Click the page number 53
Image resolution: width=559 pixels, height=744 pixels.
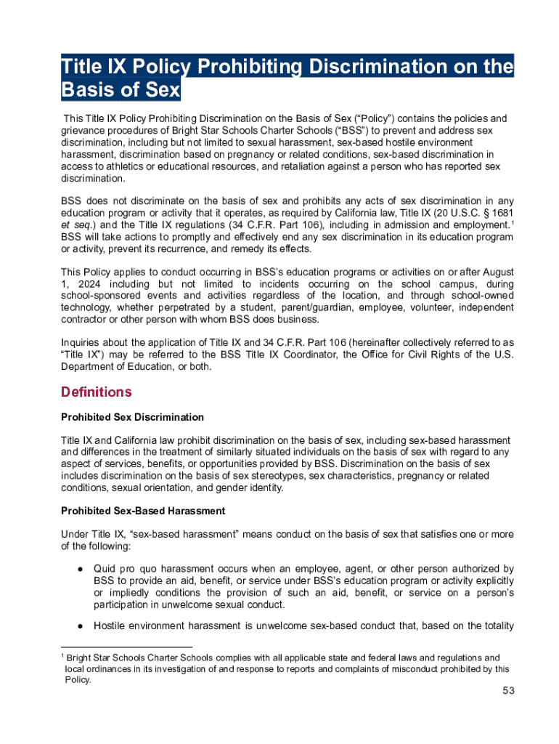coord(507,691)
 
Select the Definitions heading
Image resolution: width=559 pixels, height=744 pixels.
coord(97,392)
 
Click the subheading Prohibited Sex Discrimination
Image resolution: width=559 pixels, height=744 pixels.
coord(132,417)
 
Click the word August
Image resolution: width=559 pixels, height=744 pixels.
coord(496,272)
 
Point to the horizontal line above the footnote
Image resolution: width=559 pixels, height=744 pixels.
coord(126,647)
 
